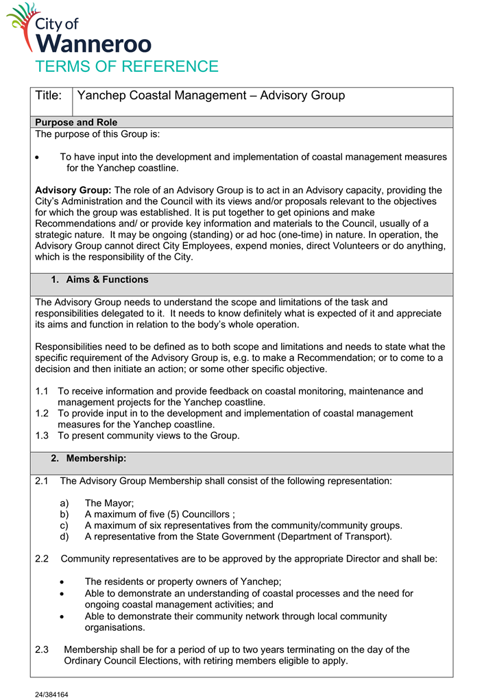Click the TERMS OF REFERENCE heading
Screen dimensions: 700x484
coord(127,66)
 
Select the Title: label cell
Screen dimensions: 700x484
coord(49,96)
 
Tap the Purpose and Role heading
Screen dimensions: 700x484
coord(76,123)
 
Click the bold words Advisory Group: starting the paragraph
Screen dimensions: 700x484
coord(73,190)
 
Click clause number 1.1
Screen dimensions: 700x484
coord(43,391)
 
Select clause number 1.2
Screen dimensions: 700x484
coord(43,413)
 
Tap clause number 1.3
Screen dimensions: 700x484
coord(43,435)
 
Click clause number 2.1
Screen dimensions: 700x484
coord(42,481)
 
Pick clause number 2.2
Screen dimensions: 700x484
coord(42,558)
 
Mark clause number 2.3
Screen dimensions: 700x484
coord(42,649)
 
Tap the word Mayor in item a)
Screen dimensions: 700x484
coord(120,503)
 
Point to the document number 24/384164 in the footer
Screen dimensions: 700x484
coord(52,694)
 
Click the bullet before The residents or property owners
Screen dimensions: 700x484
coord(63,582)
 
